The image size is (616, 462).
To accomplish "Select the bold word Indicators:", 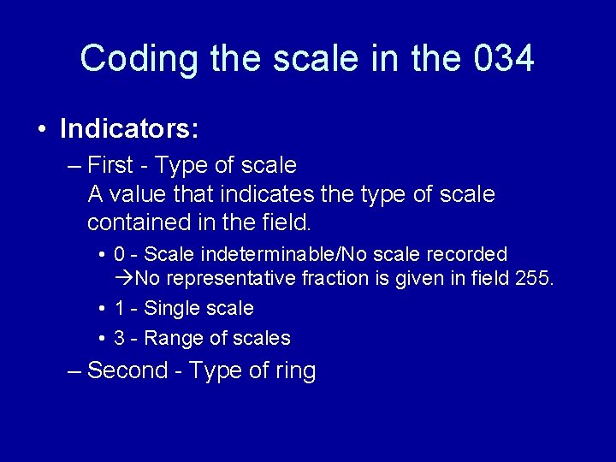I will [129, 129].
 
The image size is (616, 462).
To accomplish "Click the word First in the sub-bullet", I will [110, 164].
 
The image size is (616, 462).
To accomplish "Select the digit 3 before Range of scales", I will [120, 338].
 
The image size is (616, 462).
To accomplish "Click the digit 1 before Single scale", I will [120, 308].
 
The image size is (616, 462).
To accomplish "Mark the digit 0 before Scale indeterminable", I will [120, 254].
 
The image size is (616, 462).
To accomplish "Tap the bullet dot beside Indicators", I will [42, 130].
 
